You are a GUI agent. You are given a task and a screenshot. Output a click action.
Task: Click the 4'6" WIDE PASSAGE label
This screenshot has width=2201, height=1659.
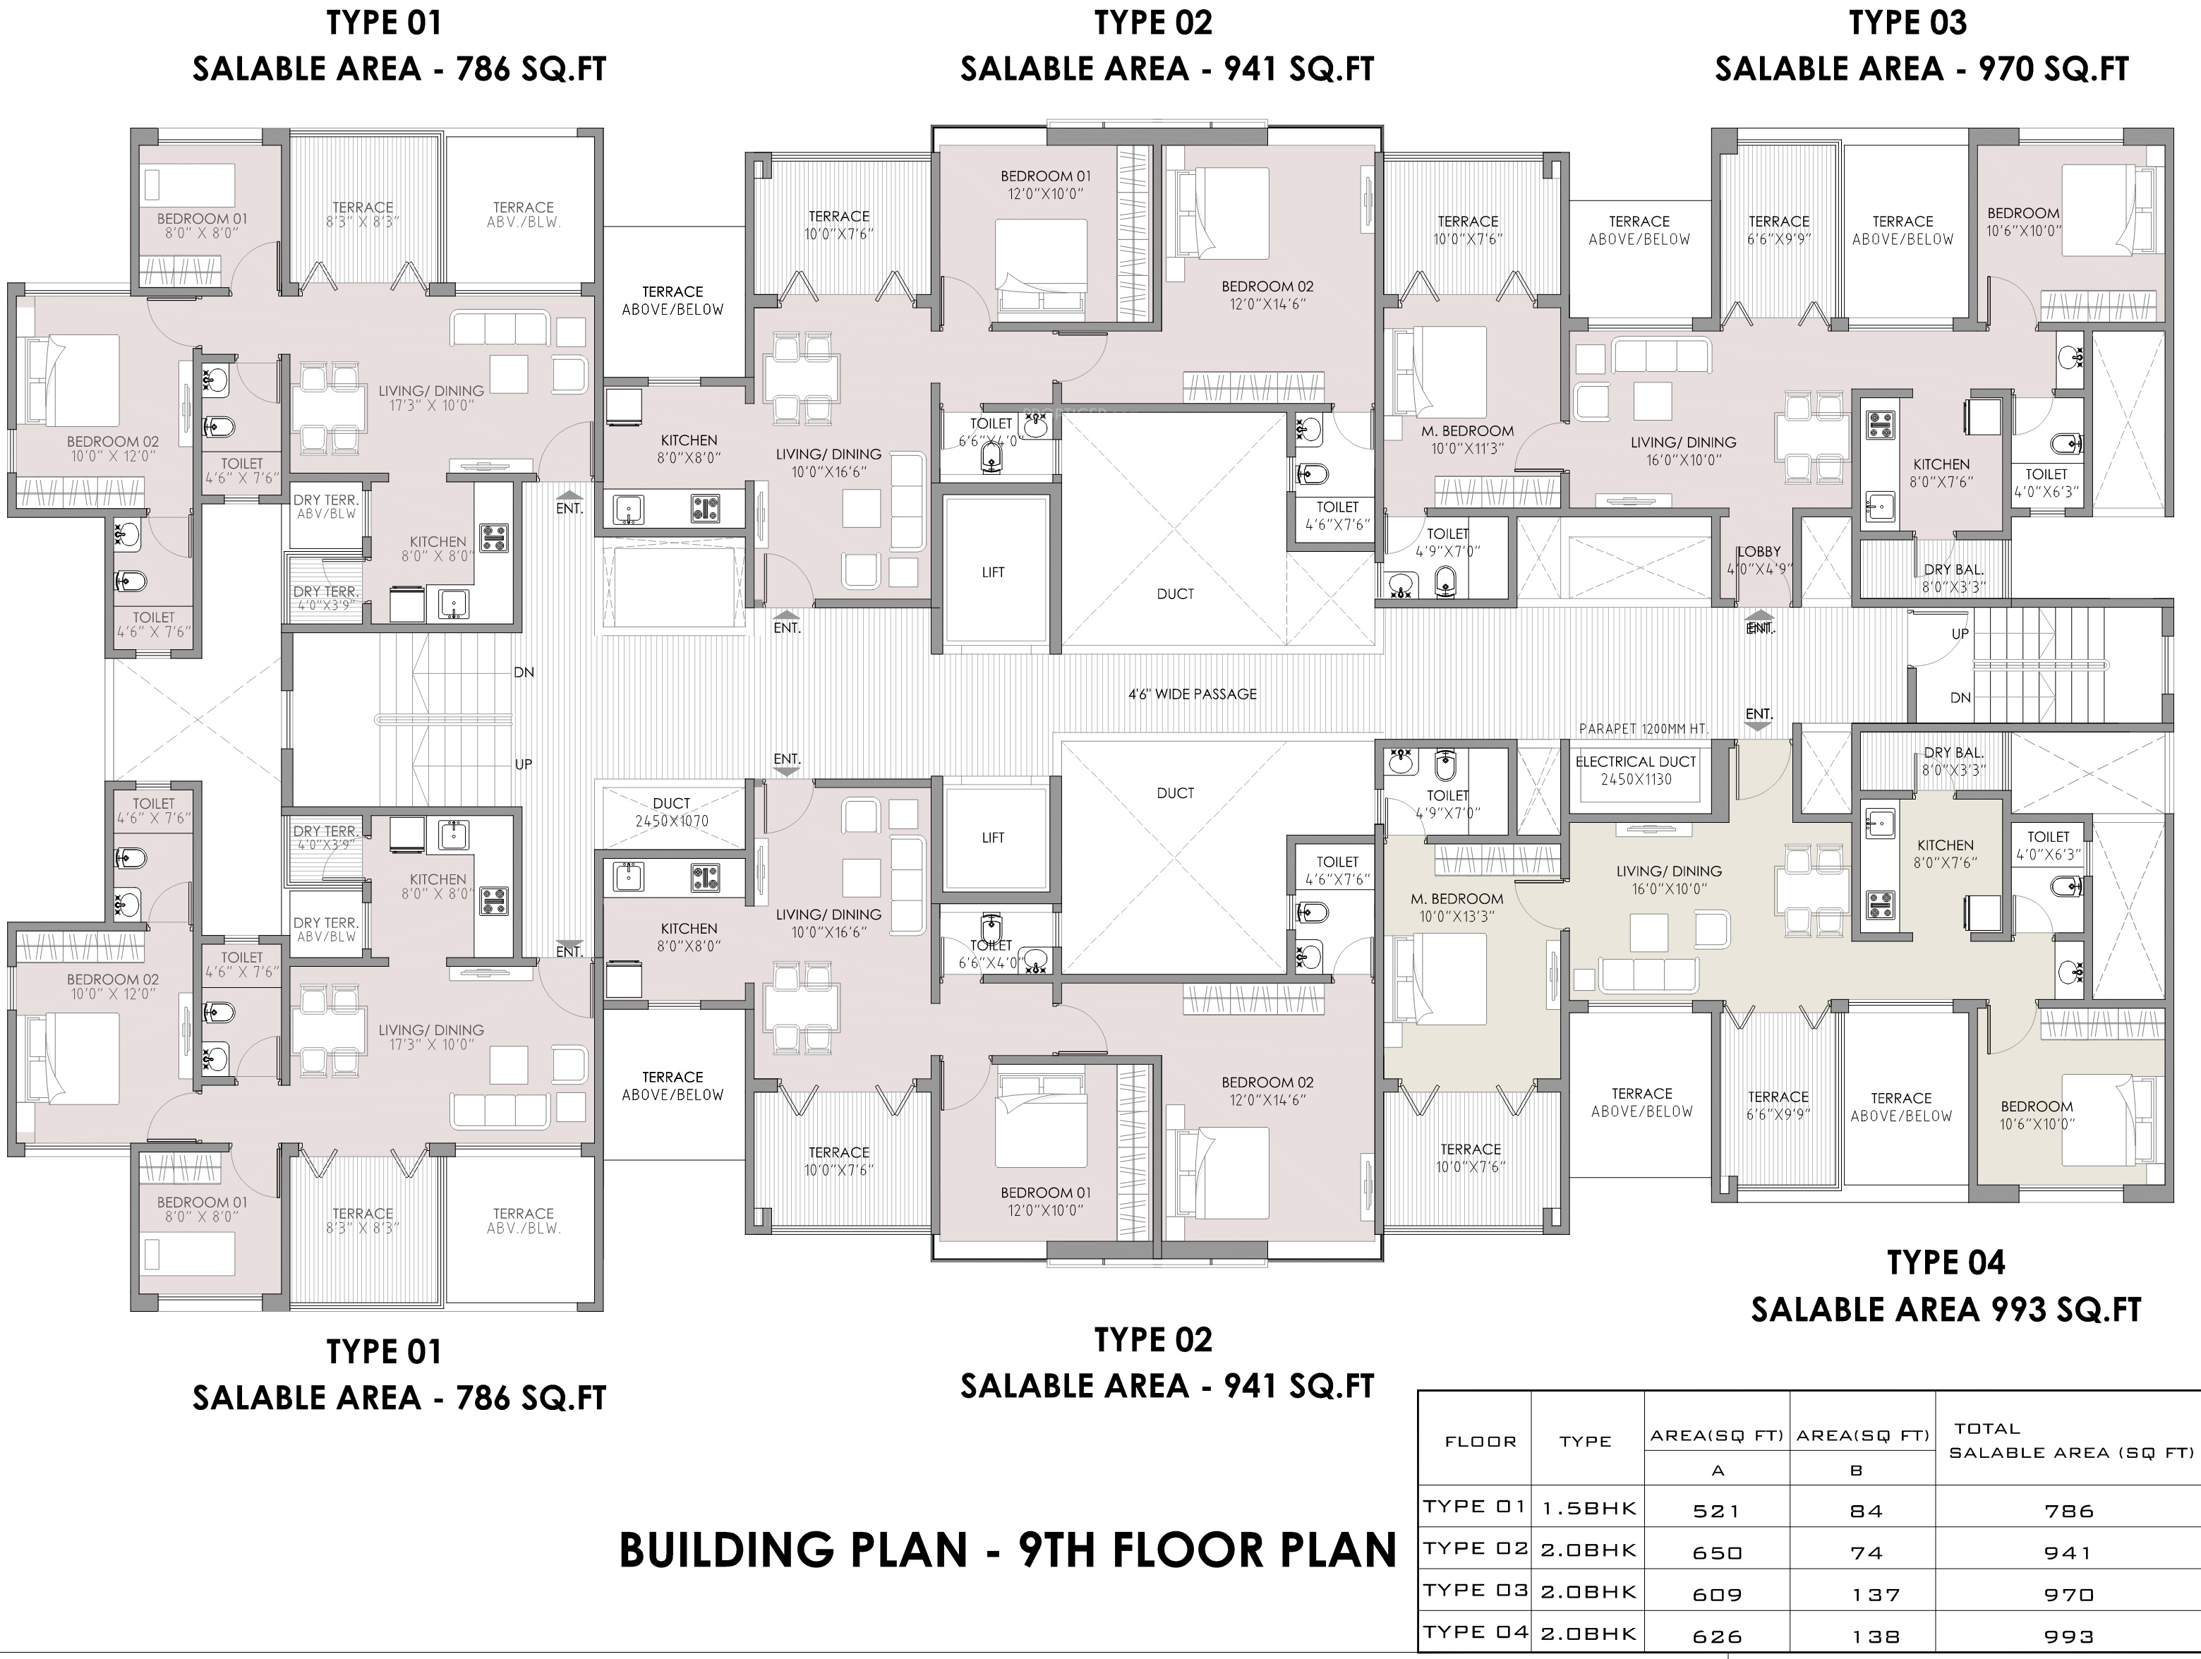[1192, 694]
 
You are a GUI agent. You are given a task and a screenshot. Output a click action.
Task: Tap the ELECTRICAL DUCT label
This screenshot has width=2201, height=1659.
[1636, 771]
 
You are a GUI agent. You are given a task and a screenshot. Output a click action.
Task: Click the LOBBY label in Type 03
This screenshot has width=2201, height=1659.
[1759, 560]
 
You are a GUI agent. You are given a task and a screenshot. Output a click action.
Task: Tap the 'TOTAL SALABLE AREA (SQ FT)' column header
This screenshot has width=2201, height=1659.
[2070, 1440]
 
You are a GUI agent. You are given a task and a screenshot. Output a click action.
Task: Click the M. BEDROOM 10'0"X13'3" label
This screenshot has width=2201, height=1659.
[1457, 907]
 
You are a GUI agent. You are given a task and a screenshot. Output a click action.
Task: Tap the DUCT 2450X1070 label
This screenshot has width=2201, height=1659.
[672, 812]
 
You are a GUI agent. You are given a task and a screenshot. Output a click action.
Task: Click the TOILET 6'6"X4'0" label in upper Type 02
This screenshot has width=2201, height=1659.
[990, 432]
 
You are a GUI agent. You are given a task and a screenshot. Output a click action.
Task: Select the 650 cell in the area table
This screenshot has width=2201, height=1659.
[1718, 1552]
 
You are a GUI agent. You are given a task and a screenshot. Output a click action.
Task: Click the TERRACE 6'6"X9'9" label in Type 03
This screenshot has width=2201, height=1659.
[1779, 230]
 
